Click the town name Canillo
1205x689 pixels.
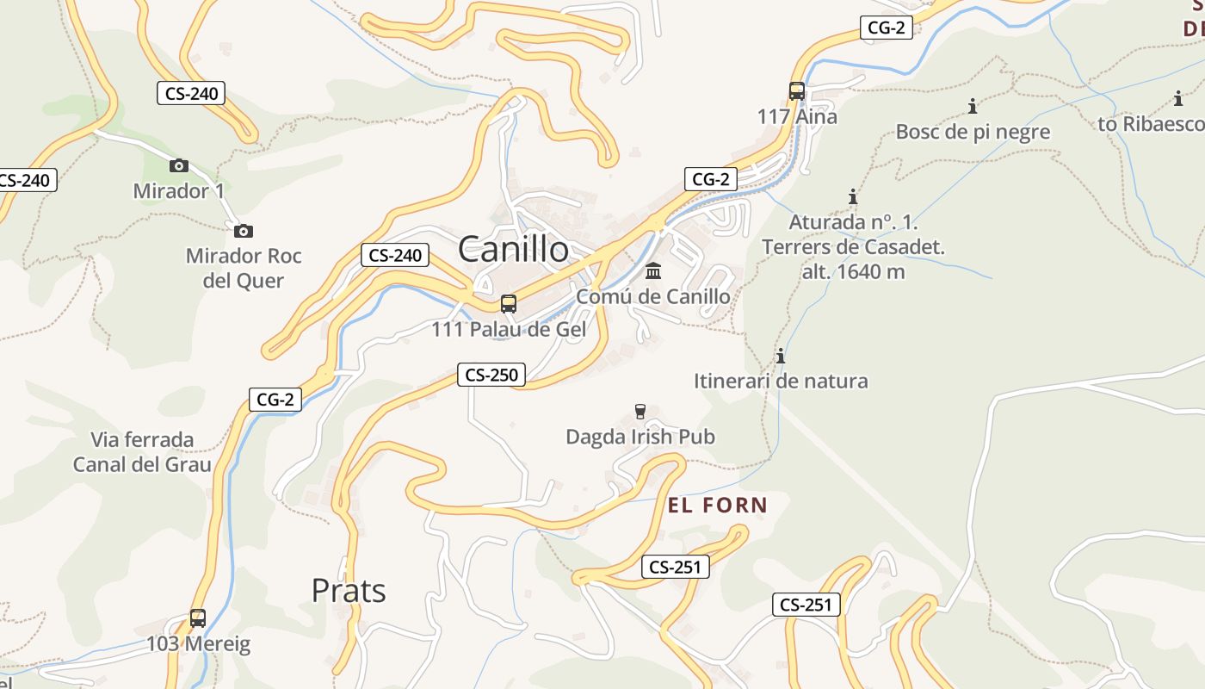(513, 250)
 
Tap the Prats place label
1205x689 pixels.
(349, 591)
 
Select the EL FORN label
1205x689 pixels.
(717, 505)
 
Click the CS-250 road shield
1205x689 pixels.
(491, 375)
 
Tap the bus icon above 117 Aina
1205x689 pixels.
(797, 91)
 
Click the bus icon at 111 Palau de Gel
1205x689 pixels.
(509, 304)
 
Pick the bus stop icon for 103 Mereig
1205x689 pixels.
(198, 618)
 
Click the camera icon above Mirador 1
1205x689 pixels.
(179, 165)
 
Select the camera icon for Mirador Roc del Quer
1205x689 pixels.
(244, 231)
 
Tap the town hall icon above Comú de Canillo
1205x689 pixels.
(653, 271)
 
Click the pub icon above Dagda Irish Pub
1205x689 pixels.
(640, 412)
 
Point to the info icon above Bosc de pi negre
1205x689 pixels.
(973, 107)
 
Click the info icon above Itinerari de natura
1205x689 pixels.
(781, 356)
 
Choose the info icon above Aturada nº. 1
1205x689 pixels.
(853, 197)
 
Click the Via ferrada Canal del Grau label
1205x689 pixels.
(142, 452)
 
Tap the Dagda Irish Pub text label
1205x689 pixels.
(640, 437)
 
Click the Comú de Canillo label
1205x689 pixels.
(653, 296)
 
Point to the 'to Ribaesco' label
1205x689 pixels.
(1151, 124)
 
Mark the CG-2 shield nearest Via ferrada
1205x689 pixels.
(275, 400)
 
